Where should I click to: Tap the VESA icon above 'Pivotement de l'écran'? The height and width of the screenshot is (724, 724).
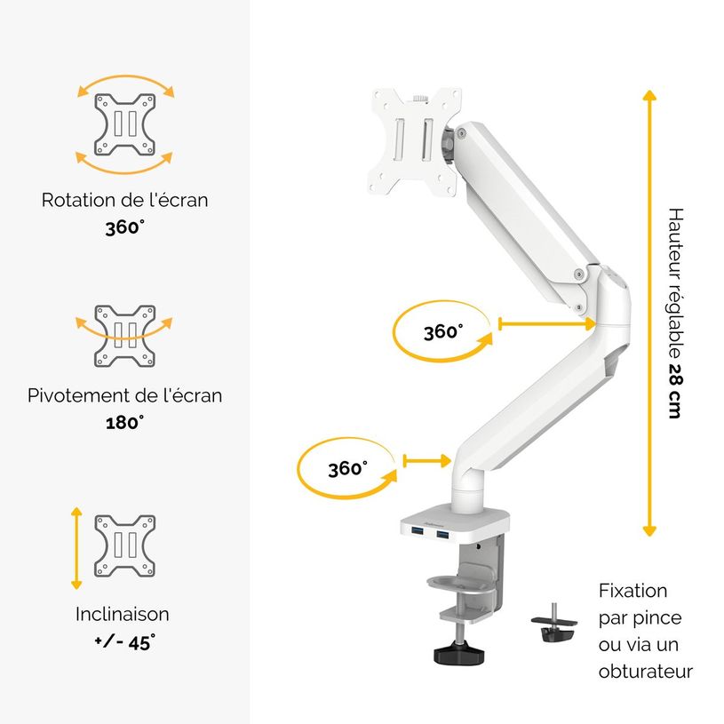[125, 337]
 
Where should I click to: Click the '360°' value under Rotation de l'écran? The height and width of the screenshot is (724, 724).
[124, 227]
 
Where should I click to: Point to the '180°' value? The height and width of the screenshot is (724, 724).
[124, 422]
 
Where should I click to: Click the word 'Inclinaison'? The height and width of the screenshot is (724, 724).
[123, 614]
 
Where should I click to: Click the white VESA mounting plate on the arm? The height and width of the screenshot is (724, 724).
[415, 140]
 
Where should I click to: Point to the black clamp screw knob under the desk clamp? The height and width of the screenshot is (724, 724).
[460, 653]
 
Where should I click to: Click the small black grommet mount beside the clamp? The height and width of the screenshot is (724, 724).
[553, 626]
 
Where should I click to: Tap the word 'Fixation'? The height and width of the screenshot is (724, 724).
[633, 591]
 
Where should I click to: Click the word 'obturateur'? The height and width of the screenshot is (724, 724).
[646, 672]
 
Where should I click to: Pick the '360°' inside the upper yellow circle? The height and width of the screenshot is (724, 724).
[442, 331]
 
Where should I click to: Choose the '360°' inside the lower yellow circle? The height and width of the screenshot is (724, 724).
[347, 468]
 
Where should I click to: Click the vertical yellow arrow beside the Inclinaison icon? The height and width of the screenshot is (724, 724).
[76, 548]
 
